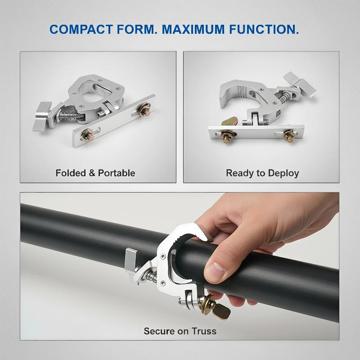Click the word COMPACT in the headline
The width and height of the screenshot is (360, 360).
tap(81, 29)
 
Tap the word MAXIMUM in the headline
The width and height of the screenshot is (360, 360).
tap(193, 29)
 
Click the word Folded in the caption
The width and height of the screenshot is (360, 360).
tap(71, 173)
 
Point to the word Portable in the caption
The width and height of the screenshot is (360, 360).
tap(117, 173)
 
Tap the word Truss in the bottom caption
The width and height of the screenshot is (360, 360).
tap(204, 331)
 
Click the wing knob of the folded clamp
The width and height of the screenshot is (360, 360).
tap(42, 117)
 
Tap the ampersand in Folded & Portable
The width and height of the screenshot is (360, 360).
tap(92, 173)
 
